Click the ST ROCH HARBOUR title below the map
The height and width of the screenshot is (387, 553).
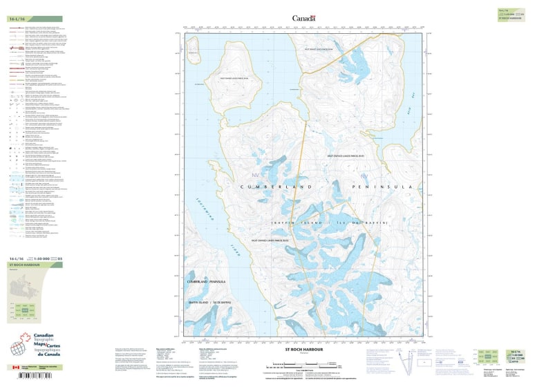pyautogui.click(x=303, y=350)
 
